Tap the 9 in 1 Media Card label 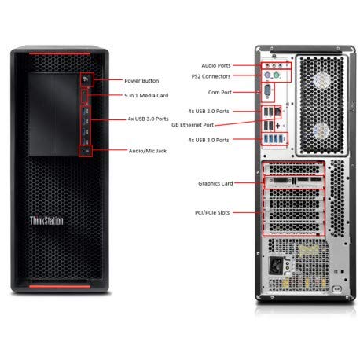tap(146, 95)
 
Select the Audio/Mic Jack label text tap(146, 150)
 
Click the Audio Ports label tap(218, 66)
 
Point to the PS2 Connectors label tap(212, 76)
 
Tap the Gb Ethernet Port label tap(211, 124)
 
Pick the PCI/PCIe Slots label tap(214, 211)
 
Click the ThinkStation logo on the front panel tap(47, 220)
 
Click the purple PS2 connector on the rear tap(267, 75)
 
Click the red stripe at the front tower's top tap(55, 54)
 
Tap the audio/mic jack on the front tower tap(85, 149)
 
